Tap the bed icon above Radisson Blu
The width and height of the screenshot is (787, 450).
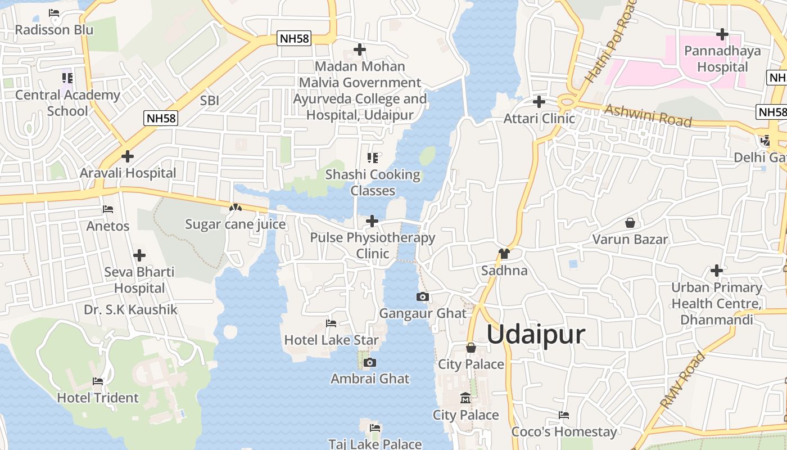54,12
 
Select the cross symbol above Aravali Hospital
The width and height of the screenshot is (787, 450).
128,156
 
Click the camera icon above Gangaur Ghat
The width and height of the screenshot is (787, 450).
423,296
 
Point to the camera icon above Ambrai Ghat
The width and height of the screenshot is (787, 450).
369,362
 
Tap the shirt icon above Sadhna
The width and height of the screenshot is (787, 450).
504,254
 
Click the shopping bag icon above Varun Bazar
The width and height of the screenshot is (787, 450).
630,223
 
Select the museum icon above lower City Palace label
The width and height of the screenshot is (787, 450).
465,398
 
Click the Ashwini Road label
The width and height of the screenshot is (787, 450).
648,115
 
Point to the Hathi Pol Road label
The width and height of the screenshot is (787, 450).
609,42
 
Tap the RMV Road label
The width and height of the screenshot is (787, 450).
682,380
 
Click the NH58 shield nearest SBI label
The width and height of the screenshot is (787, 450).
161,118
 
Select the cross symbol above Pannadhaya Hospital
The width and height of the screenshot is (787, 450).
722,34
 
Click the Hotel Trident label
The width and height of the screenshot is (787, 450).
98,398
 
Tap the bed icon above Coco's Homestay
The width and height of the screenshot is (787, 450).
564,415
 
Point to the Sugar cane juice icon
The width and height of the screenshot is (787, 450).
235,208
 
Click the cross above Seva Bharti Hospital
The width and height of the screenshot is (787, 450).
139,255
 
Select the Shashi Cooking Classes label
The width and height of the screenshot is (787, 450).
373,183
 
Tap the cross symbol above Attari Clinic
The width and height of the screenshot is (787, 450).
539,102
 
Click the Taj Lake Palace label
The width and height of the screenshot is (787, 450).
375,444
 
